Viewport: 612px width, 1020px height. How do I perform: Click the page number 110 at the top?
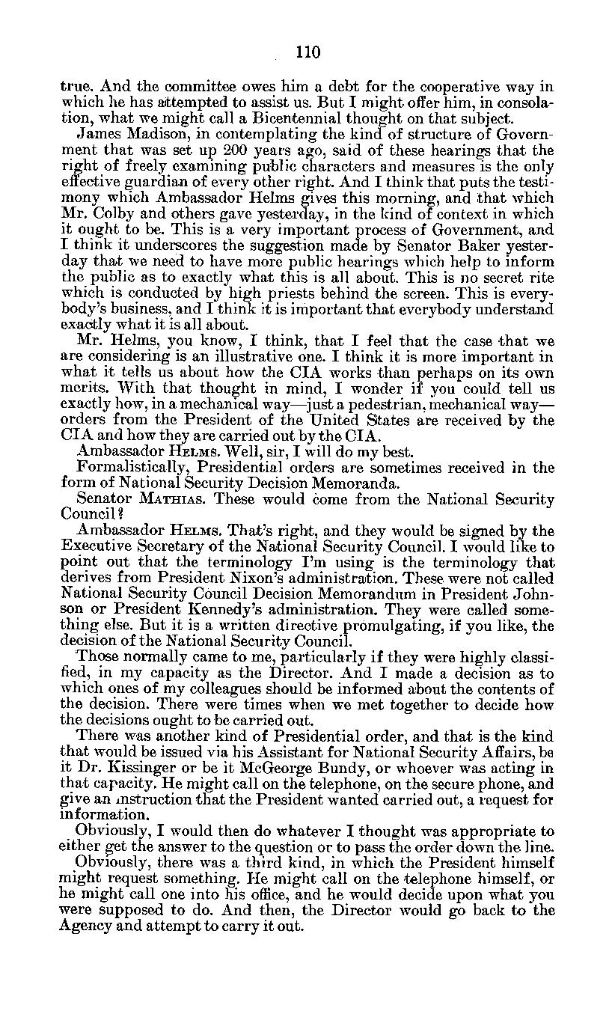click(307, 52)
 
